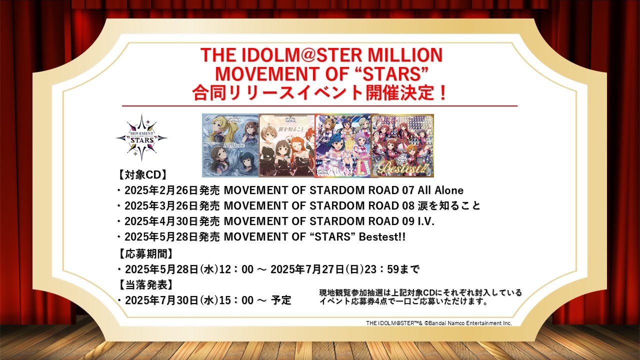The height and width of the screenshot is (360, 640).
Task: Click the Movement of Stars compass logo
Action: pyautogui.click(x=141, y=138)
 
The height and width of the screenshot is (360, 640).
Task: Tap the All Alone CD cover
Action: pyautogui.click(x=230, y=145)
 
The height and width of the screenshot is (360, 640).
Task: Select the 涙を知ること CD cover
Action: pyautogui.click(x=287, y=145)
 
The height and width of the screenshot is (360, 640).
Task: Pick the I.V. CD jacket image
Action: pyautogui.click(x=343, y=145)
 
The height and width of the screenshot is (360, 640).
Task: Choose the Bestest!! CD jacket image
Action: pyautogui.click(x=402, y=145)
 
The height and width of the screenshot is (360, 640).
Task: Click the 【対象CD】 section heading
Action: pyautogui.click(x=142, y=175)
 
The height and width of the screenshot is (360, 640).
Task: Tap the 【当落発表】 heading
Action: pyautogui.click(x=145, y=284)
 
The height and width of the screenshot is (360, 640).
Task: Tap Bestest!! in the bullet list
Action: pyautogui.click(x=382, y=237)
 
